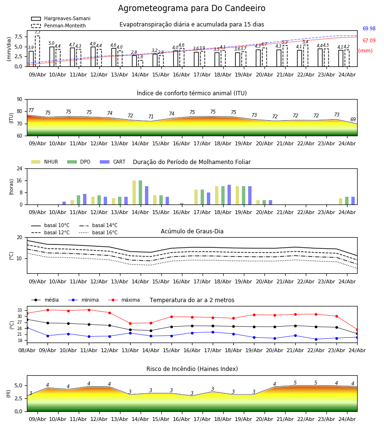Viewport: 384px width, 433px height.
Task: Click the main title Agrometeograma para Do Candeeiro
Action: [x=192, y=8]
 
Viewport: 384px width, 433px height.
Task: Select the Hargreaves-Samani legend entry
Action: [x=60, y=18]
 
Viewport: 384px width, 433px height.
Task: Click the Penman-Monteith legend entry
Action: [x=59, y=25]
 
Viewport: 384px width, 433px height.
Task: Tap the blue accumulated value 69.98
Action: [x=369, y=28]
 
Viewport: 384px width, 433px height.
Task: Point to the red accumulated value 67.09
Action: [x=369, y=40]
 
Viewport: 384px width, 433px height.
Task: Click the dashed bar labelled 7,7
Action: [x=37, y=51]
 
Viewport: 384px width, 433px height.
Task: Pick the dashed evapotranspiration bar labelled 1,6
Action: [x=141, y=63]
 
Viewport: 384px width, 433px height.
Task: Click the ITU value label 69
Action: [x=353, y=119]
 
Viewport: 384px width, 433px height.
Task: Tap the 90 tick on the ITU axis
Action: [x=20, y=100]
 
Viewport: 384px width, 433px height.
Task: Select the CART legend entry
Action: [x=113, y=162]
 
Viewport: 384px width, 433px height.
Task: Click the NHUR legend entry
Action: [x=45, y=162]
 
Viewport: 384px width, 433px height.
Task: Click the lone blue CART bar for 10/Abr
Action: [x=64, y=203]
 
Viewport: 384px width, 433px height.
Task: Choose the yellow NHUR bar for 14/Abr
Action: [x=134, y=192]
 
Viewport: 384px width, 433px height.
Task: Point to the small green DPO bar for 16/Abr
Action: [x=182, y=204]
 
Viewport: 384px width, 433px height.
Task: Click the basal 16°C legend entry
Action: [x=98, y=232]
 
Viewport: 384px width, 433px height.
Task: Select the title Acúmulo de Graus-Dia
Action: [x=192, y=231]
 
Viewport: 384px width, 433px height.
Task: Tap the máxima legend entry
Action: [x=124, y=300]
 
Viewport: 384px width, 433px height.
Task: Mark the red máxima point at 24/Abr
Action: [x=357, y=330]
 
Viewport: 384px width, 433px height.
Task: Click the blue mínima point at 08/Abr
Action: [x=27, y=328]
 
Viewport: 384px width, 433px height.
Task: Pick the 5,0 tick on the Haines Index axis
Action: [x=19, y=385]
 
